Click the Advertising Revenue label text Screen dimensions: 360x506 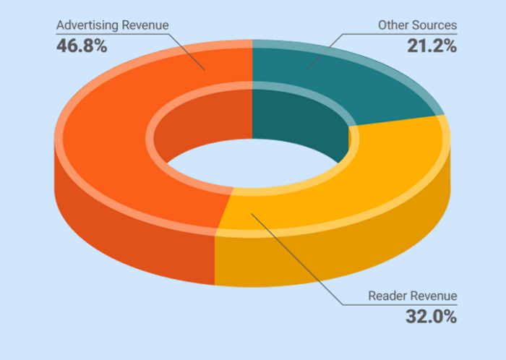[x=112, y=26]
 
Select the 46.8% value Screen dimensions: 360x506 [x=82, y=46]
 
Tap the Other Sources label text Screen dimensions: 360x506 [x=417, y=26]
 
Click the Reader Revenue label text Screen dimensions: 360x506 [x=412, y=296]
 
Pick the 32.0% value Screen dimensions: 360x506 [x=430, y=317]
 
